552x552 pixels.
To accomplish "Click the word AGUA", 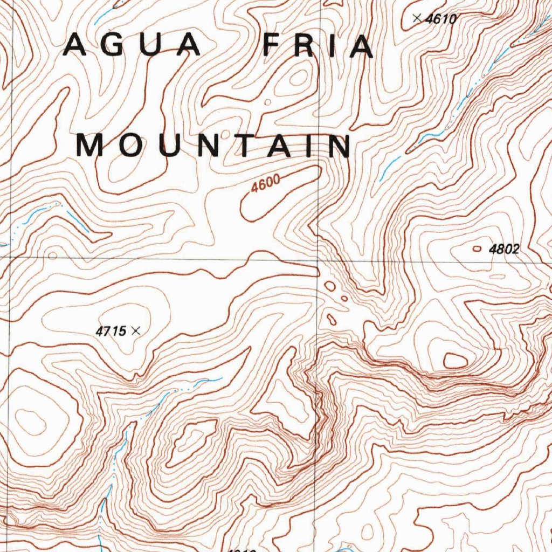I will coord(132,45).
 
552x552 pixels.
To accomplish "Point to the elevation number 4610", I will coord(441,19).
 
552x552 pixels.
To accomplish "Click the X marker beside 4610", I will coord(416,18).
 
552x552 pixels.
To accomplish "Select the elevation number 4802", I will coord(504,249).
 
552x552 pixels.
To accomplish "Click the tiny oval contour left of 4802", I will coord(477,249).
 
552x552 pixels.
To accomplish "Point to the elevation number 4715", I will coord(111,332).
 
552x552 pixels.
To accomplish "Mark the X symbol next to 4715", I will coord(136,331).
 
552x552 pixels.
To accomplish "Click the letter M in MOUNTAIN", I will coord(90,146).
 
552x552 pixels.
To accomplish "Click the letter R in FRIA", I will coord(305,45).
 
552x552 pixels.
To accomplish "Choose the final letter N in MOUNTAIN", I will coord(339,146).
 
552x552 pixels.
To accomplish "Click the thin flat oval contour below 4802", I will coord(498,277).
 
